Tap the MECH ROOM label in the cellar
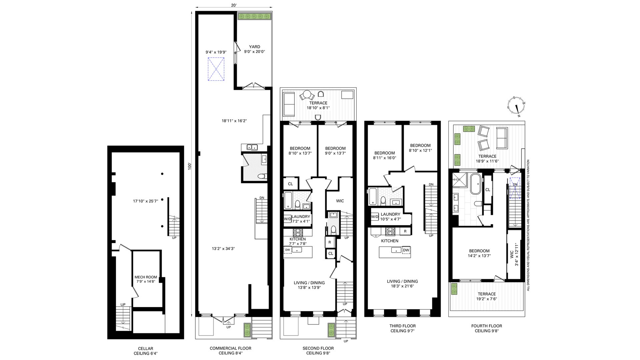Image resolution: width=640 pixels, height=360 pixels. pyautogui.click(x=146, y=277)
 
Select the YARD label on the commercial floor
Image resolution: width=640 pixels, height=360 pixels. pyautogui.click(x=255, y=47)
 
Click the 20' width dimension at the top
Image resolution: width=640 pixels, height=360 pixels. pyautogui.click(x=234, y=5)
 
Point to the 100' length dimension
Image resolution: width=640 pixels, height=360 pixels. pyautogui.click(x=189, y=166)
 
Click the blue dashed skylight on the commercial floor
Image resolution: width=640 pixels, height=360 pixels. pyautogui.click(x=216, y=69)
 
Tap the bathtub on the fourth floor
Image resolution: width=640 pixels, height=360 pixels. pyautogui.click(x=475, y=184)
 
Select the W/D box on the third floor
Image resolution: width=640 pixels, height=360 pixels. pyautogui.click(x=375, y=217)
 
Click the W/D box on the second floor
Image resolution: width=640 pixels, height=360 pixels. pyautogui.click(x=287, y=219)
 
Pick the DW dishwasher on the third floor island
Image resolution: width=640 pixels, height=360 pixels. pyautogui.click(x=406, y=250)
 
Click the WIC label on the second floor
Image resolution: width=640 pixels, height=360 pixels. pyautogui.click(x=340, y=201)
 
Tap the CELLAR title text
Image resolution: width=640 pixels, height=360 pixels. pyautogui.click(x=146, y=349)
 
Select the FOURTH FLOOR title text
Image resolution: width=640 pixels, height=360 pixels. pyautogui.click(x=487, y=326)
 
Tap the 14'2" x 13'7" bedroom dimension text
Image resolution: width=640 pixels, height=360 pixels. pyautogui.click(x=479, y=256)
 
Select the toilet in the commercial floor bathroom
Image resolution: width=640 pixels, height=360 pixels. pyautogui.click(x=263, y=176)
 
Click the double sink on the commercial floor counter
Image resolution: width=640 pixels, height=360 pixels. pyautogui.click(x=252, y=147)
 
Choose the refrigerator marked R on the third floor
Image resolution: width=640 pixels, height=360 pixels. pyautogui.click(x=405, y=231)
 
